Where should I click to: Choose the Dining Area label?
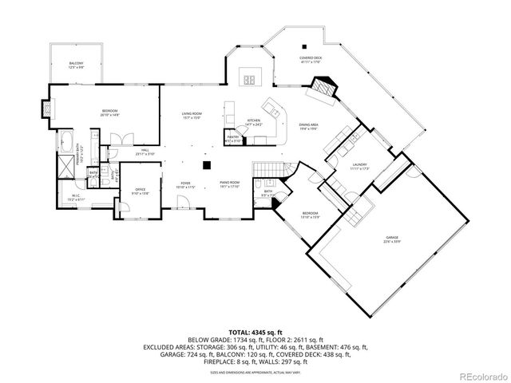(310, 125)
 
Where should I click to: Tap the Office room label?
(140, 190)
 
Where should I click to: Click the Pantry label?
(233, 139)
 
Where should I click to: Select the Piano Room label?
(230, 184)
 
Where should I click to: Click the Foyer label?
(184, 184)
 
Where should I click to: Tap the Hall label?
(145, 151)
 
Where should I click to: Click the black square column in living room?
(206, 165)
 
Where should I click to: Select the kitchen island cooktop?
(252, 78)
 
